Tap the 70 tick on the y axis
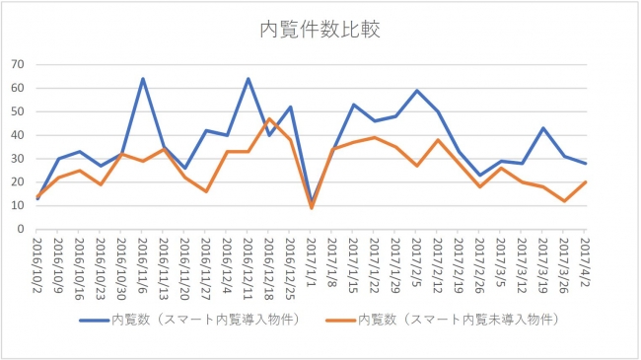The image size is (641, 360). click(x=17, y=64)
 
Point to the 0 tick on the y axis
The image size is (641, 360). click(x=21, y=229)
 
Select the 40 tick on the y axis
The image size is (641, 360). click(x=17, y=135)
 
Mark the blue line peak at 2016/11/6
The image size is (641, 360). click(x=143, y=79)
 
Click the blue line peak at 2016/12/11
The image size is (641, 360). click(x=249, y=79)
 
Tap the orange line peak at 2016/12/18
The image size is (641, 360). click(x=269, y=118)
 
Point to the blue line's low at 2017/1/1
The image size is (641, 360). click(x=312, y=201)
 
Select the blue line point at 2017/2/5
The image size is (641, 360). click(x=417, y=91)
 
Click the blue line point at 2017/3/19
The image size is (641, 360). click(x=543, y=128)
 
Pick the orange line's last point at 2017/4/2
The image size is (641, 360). click(x=586, y=182)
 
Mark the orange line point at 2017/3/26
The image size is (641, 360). click(x=565, y=201)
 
